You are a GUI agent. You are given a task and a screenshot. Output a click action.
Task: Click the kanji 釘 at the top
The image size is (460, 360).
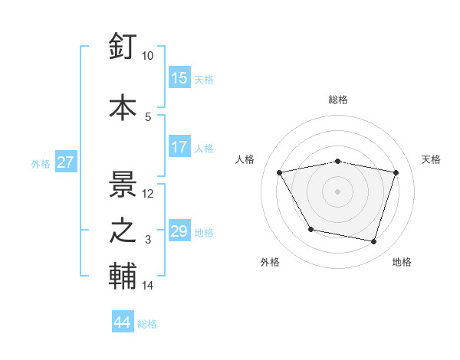point(123,47)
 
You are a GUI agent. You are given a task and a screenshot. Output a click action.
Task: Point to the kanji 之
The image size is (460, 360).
point(123,231)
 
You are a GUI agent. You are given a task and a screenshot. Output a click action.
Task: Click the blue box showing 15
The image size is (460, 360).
point(179,78)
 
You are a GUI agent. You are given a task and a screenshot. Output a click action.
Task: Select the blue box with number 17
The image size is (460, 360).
point(179,147)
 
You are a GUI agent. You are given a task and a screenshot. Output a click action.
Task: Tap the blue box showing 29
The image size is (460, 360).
point(179,231)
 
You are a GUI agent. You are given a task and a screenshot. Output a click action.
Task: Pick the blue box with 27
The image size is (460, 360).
point(65,162)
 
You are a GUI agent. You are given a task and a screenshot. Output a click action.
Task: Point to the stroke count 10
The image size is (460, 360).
point(148,56)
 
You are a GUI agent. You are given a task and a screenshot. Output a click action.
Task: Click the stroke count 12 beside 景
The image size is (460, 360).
point(148,194)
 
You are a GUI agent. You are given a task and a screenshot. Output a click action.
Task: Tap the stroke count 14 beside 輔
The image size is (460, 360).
point(148,286)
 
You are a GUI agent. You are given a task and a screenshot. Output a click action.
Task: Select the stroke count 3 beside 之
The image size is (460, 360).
point(149,240)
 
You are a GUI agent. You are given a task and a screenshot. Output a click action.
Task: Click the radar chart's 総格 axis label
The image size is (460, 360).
point(338,100)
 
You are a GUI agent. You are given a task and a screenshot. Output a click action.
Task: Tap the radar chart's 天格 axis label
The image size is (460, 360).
point(432,159)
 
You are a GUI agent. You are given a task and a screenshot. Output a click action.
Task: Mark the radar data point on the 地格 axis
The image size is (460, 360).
point(374,242)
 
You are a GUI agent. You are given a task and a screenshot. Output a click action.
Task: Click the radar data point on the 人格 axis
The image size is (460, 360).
point(280,173)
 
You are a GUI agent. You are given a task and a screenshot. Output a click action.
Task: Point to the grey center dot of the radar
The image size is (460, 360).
point(338,191)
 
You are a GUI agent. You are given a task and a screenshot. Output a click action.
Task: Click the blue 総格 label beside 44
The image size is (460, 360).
point(147,324)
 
